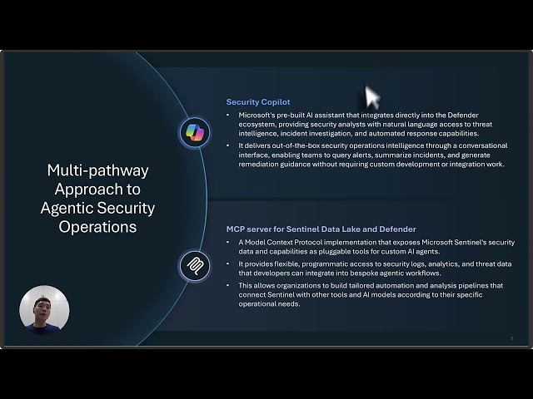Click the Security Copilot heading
pyautogui.click(x=258, y=102)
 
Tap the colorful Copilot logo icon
pyautogui.click(x=194, y=132)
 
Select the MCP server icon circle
pyautogui.click(x=194, y=266)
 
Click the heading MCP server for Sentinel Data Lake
pyautogui.click(x=321, y=229)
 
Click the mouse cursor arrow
pyautogui.click(x=371, y=98)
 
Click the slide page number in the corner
pyautogui.click(x=511, y=338)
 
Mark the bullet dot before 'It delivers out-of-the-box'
pyautogui.click(x=229, y=145)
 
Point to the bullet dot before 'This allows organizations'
pyautogui.click(x=229, y=285)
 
